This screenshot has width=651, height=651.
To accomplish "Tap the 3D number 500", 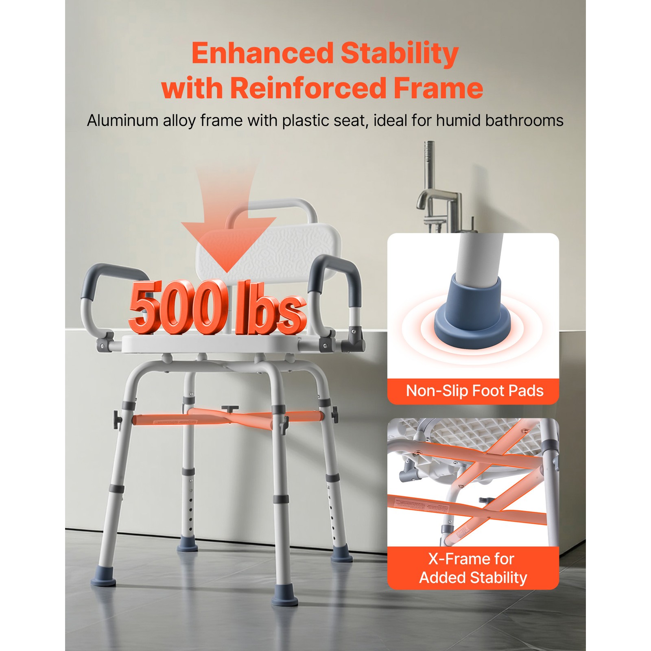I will [x=177, y=307].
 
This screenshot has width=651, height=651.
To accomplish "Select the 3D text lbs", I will [x=271, y=309].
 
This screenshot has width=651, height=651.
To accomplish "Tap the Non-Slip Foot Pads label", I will [x=474, y=391].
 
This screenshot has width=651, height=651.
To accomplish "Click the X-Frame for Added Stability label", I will [x=473, y=568].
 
